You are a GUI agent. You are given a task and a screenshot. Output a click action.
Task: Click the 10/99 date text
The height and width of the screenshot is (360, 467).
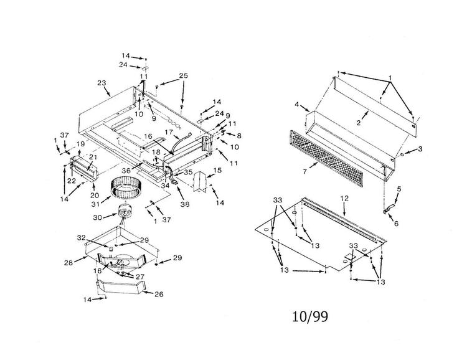[309, 317]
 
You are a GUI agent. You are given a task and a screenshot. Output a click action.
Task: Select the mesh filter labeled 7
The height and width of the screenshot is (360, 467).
[326, 159]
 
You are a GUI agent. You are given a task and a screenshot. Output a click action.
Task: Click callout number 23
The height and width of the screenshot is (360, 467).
[102, 83]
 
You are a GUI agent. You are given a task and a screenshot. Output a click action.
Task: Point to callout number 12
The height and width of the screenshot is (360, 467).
[344, 198]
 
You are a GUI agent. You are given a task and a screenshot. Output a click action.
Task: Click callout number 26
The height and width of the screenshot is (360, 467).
[159, 294]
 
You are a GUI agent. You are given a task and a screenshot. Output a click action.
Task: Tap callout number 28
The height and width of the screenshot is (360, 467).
[68, 263]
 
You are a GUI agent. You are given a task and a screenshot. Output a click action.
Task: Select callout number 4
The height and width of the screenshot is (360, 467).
[296, 104]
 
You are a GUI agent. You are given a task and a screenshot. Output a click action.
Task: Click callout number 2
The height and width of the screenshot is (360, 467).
[359, 123]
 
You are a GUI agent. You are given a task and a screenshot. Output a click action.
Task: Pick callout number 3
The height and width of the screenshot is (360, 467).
[420, 149]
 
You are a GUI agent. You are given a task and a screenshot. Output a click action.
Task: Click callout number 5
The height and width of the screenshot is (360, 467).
[399, 189]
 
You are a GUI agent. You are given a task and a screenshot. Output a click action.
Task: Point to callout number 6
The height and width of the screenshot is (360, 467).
[396, 224]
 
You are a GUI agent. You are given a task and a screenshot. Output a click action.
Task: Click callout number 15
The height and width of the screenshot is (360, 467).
[218, 171]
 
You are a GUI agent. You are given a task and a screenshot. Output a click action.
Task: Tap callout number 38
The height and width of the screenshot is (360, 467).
[185, 204]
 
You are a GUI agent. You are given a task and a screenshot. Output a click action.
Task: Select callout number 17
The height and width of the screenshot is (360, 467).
[169, 131]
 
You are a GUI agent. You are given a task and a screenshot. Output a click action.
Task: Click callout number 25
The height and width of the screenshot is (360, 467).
[184, 76]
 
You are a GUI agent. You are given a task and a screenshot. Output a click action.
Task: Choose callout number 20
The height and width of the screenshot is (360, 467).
[95, 195]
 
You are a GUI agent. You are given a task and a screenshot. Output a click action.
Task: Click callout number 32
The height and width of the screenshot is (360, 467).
[82, 237]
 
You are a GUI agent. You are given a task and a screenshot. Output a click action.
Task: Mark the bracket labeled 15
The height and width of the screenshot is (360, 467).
[199, 181]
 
